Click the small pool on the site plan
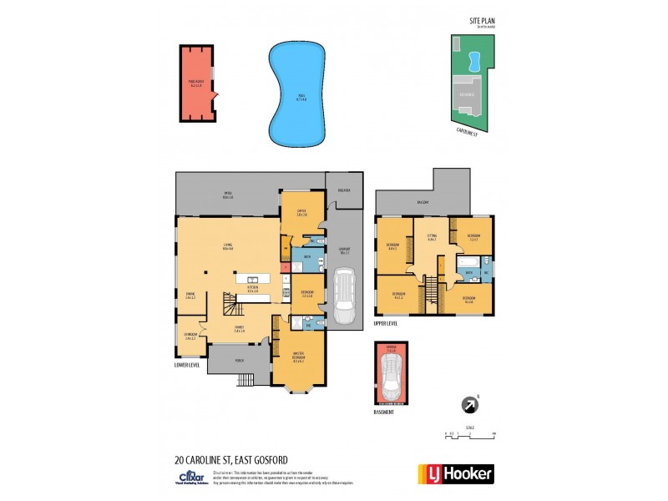coord(473,59)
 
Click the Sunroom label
coord(190,337)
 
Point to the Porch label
coord(240,361)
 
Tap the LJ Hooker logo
coord(455,473)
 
